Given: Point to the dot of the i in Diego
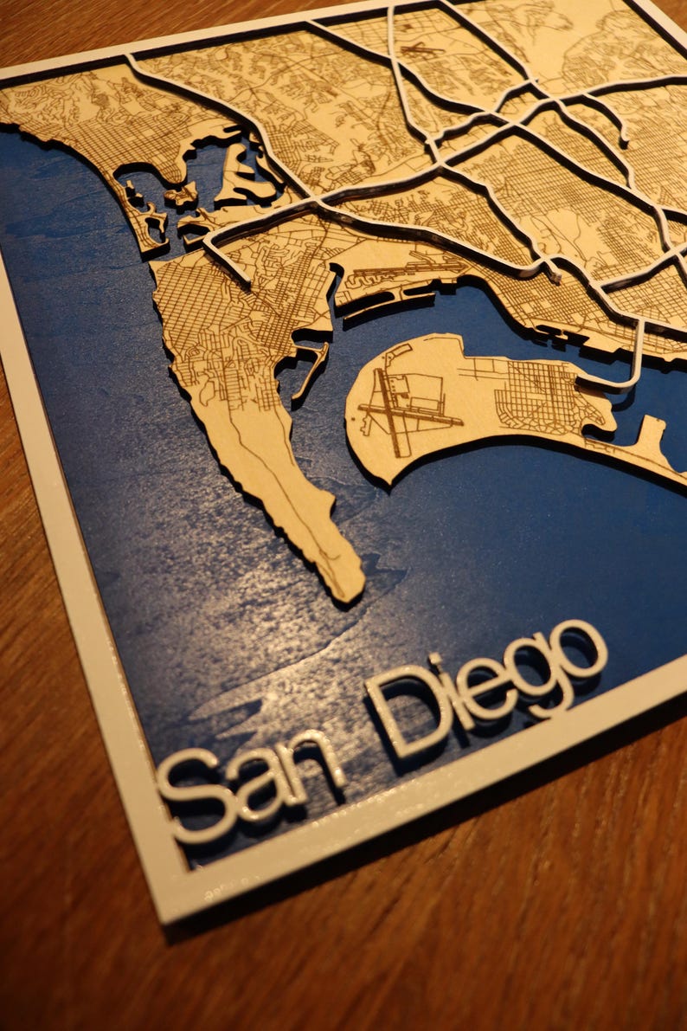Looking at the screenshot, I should [x=437, y=661].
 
